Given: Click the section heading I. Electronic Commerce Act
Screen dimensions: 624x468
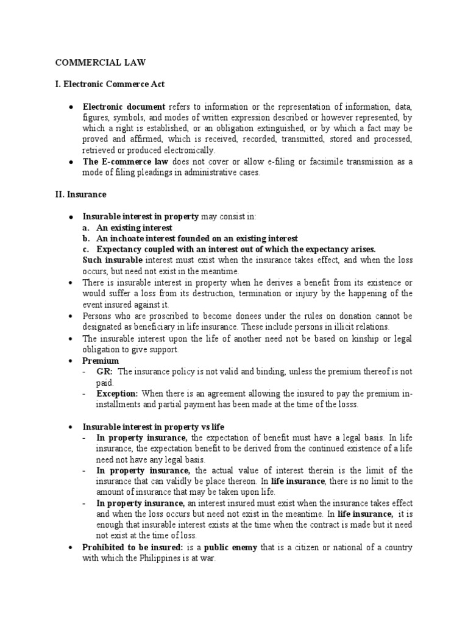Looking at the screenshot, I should (x=110, y=83).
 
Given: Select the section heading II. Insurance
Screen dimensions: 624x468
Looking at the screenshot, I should (x=80, y=194).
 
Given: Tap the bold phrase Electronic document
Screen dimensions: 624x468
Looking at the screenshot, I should (x=119, y=106).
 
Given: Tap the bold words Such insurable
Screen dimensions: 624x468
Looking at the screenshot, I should (x=112, y=260).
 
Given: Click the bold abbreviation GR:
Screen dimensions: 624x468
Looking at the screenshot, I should (x=105, y=371).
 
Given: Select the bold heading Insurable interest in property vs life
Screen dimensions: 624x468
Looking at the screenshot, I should (x=158, y=427).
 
